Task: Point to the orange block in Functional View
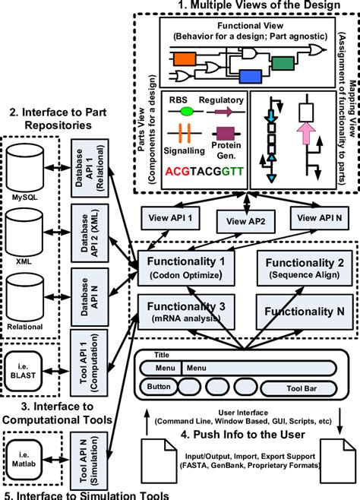(x=185, y=58)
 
